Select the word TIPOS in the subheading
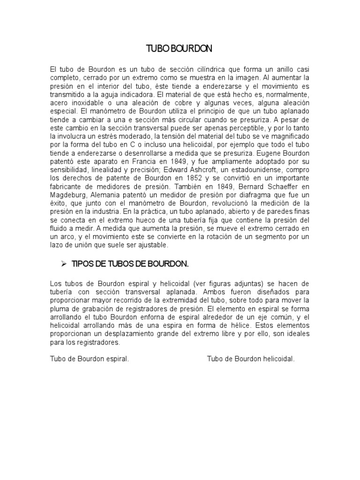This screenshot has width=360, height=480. click(x=82, y=264)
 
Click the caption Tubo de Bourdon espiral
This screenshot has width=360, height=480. click(x=89, y=359)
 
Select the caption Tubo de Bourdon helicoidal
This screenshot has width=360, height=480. click(x=251, y=359)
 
